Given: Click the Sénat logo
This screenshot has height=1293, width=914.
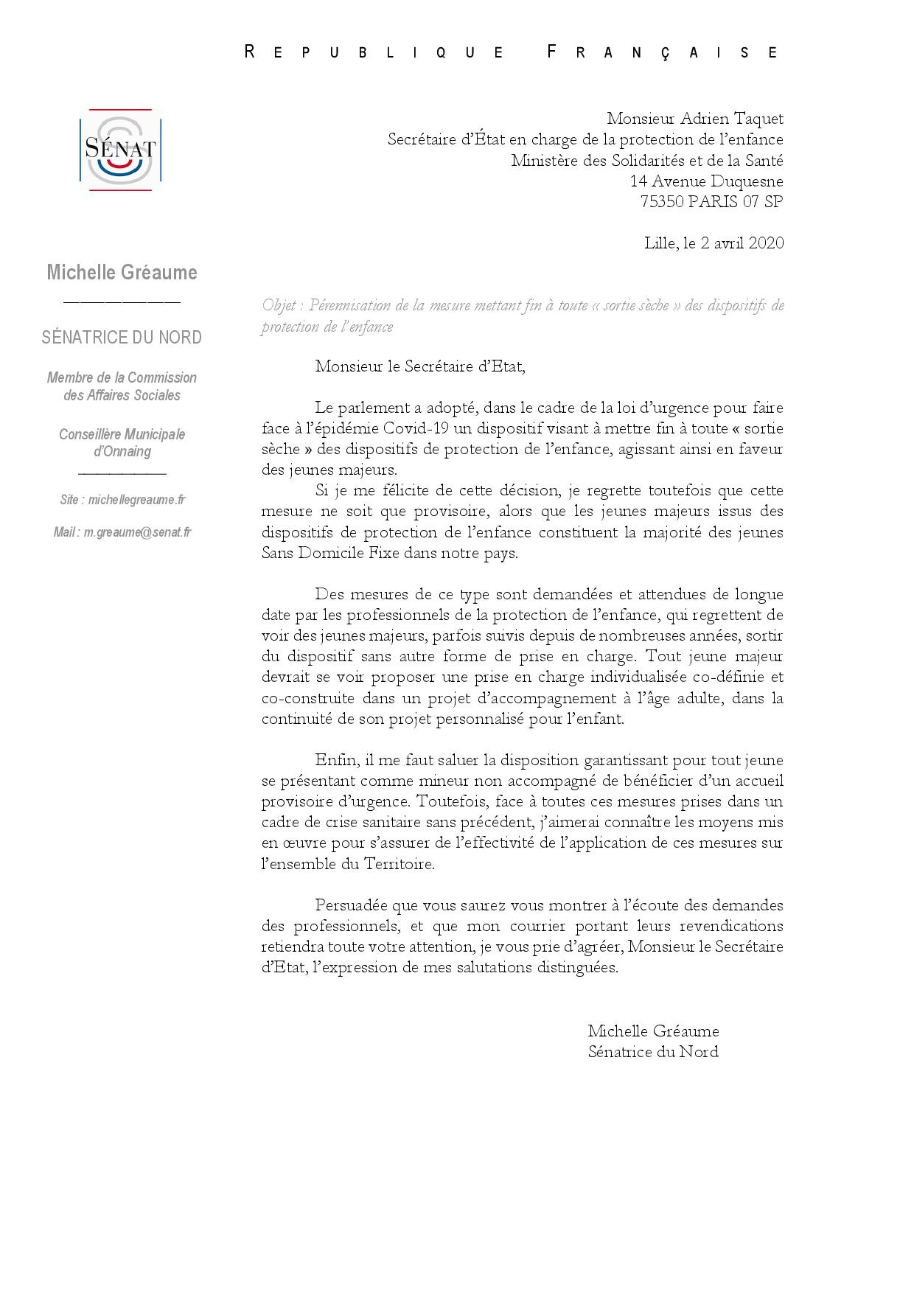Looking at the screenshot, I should [120, 150].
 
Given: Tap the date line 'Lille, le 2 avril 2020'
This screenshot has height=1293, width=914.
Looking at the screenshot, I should [714, 243].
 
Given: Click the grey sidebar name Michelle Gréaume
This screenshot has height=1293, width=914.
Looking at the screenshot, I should [122, 273].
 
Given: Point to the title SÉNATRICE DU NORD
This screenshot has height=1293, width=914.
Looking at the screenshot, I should [122, 338].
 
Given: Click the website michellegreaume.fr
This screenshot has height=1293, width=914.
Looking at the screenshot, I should [136, 500].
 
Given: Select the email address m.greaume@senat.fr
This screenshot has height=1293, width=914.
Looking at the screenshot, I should [137, 532].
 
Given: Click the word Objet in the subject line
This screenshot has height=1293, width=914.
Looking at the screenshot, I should [279, 305].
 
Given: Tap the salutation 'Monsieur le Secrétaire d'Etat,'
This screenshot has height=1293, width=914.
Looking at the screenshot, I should [420, 366].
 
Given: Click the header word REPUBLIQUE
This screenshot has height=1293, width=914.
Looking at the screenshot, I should [374, 52].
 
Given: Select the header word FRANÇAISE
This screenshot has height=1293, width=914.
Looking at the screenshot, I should [662, 52].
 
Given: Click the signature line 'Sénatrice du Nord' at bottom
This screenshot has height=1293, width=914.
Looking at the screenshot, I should [653, 1052].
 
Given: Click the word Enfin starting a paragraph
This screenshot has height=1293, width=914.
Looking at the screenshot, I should [335, 760].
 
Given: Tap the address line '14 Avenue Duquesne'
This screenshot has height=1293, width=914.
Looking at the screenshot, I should [706, 181].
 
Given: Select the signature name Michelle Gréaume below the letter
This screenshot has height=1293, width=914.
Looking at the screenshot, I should [653, 1031].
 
